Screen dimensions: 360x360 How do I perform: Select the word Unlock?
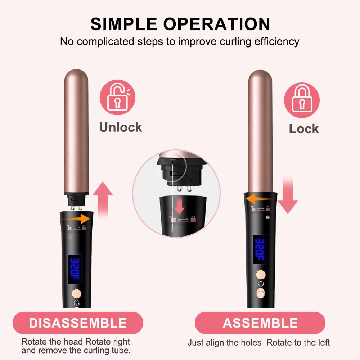coord(121,127)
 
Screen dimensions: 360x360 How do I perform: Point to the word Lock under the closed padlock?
coord(303,129)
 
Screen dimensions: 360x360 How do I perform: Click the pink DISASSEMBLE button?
coord(78,323)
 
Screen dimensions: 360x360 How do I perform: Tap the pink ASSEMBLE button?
coord(260,323)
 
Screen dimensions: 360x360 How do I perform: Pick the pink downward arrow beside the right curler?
coord(287,196)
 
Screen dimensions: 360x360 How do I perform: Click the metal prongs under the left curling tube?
coord(76,208)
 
